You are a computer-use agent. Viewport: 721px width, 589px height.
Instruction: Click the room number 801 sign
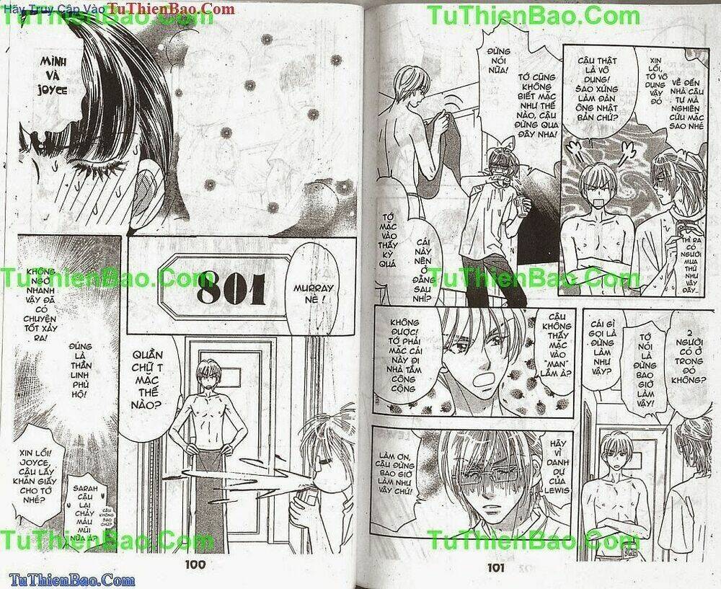[x=231, y=291]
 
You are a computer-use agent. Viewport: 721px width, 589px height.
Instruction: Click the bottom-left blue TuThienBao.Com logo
[x=68, y=580]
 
